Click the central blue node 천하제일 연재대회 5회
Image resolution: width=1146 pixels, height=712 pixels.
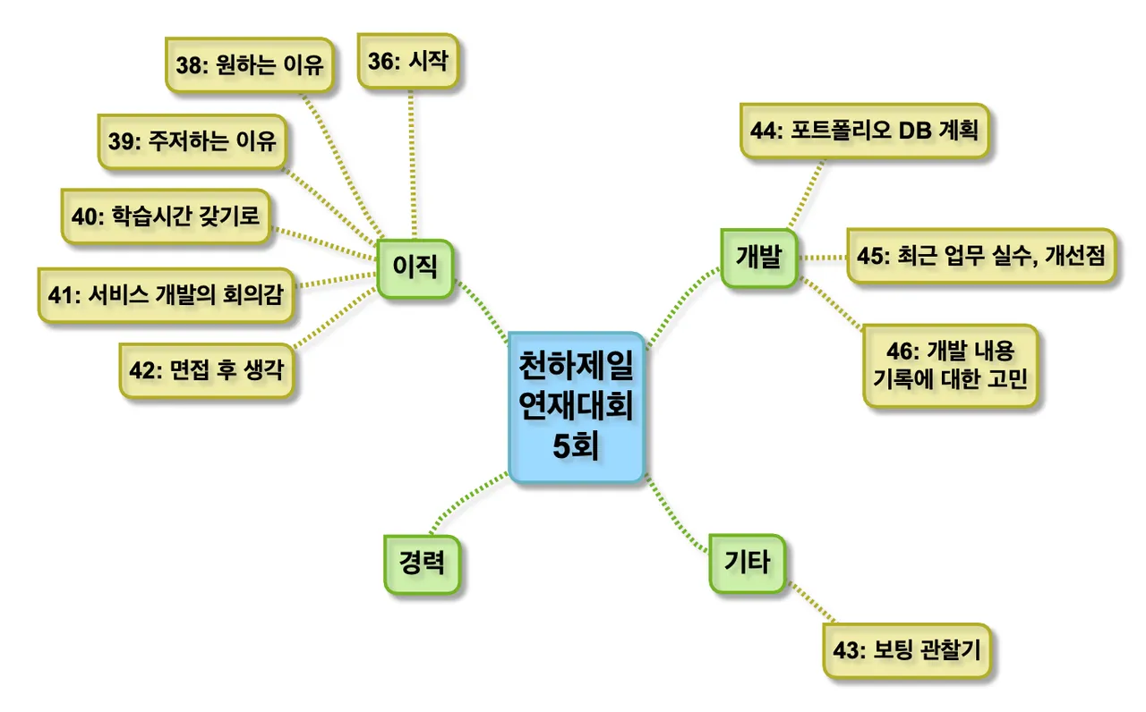point(577,407)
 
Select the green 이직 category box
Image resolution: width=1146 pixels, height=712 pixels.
point(415,267)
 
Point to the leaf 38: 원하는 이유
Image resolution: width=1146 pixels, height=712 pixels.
point(250,65)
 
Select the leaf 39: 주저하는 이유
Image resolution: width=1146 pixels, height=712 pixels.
point(192,141)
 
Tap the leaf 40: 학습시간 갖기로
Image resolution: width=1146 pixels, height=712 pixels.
point(165,216)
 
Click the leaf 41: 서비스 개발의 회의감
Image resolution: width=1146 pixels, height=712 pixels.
point(166,294)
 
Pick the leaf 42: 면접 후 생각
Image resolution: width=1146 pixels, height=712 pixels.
point(207,369)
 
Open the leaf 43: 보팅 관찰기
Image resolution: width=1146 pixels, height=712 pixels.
point(907,650)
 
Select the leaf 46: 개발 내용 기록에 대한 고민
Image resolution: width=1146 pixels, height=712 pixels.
point(950,365)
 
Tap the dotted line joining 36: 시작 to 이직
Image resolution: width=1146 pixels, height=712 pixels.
point(412,161)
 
